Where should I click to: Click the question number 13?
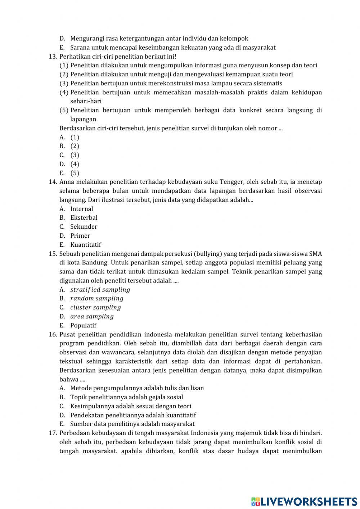point(53,57)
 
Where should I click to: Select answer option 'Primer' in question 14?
point(80,236)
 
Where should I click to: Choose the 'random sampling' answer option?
point(96,298)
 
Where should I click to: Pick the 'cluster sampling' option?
point(95,307)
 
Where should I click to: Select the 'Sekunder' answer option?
point(84,227)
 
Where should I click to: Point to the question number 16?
point(53,334)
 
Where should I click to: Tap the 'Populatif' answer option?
point(83,325)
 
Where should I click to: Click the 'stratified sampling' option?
point(100,290)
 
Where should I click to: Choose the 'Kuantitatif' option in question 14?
point(85,245)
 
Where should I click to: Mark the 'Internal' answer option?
point(81,209)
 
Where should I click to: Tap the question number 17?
point(53,433)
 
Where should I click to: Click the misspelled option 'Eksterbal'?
point(84,218)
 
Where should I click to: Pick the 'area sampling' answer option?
point(92,316)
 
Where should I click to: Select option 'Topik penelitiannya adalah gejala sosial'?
point(126,397)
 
